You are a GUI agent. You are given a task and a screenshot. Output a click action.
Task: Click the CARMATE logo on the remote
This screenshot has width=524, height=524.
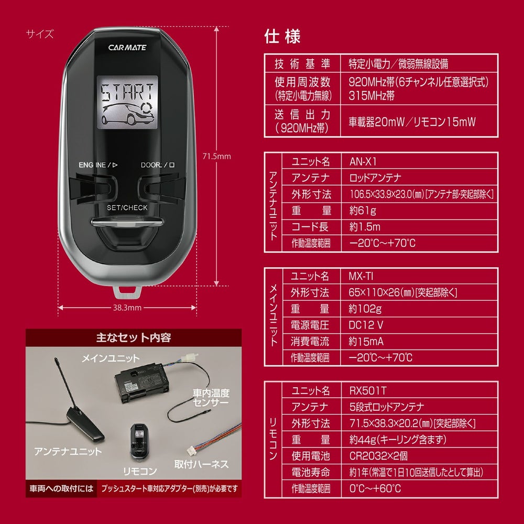coord(127,47)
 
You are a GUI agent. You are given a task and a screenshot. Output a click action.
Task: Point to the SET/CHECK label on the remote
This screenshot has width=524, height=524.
coord(127,208)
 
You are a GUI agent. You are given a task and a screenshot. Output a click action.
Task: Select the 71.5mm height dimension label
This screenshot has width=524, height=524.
coord(216,156)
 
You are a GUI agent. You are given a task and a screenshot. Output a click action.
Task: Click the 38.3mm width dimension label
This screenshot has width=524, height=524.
coord(128,308)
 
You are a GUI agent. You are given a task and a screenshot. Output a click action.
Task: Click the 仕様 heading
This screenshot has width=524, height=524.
coord(282,37)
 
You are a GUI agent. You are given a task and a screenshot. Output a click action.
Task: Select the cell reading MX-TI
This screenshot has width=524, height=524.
coord(361,276)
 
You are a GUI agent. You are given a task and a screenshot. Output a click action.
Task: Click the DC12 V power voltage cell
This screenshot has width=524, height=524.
coord(366,324)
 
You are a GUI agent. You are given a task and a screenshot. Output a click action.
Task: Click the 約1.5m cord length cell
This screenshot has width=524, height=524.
coord(364,226)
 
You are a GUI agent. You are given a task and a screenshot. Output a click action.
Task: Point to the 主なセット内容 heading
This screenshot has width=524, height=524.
coord(134,338)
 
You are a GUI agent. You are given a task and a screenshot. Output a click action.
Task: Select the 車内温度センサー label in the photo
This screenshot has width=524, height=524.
coord(211,398)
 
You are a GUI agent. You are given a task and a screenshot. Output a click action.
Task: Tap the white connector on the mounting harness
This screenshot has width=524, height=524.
coord(190,449)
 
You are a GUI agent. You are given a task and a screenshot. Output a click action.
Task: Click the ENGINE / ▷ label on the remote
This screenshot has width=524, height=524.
coord(98,165)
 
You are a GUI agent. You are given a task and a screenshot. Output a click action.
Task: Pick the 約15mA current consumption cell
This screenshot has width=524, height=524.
coord(366,341)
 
